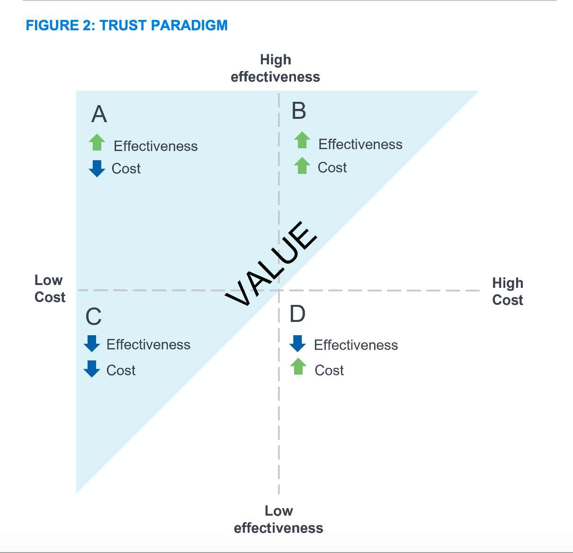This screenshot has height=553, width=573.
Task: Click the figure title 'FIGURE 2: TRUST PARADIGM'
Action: pyautogui.click(x=126, y=25)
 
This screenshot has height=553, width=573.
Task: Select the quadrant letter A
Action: pyautogui.click(x=99, y=114)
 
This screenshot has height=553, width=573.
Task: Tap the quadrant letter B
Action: pyautogui.click(x=299, y=111)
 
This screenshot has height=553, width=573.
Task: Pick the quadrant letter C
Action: pyautogui.click(x=94, y=317)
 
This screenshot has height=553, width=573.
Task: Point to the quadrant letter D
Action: pyautogui.click(x=297, y=314)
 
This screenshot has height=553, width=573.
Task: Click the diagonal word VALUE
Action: pyautogui.click(x=271, y=264)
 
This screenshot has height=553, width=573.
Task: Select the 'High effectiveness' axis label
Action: pyautogui.click(x=275, y=68)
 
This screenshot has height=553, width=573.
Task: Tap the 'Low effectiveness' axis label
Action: pyautogui.click(x=278, y=519)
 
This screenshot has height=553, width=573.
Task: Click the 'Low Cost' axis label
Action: pyautogui.click(x=50, y=288)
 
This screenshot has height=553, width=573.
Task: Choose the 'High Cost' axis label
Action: pyautogui.click(x=508, y=291)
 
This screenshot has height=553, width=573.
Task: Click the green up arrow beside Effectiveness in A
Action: pyautogui.click(x=97, y=142)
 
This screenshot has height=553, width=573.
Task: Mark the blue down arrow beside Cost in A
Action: pyautogui.click(x=97, y=168)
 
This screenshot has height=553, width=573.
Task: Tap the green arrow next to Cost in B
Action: pyautogui.click(x=302, y=166)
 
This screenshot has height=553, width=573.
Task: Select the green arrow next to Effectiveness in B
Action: pyautogui.click(x=302, y=140)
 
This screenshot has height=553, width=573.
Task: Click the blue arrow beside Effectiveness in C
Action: pyautogui.click(x=92, y=343)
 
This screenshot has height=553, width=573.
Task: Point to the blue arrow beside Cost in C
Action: pyautogui.click(x=92, y=368)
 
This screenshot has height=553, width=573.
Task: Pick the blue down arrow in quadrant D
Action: pyautogui.click(x=297, y=343)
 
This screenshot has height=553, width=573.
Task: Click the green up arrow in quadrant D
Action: pyautogui.click(x=298, y=366)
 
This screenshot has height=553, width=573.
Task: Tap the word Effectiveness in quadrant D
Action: pyautogui.click(x=356, y=345)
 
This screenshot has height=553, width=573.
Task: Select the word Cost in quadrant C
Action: pyautogui.click(x=121, y=370)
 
